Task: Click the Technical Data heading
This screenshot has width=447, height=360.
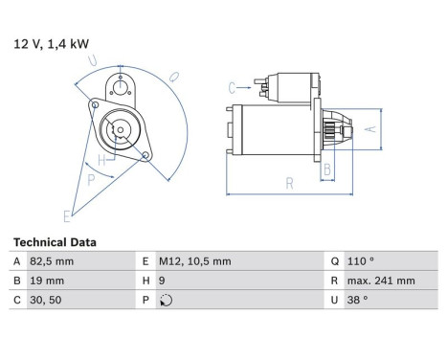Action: [x=55, y=242]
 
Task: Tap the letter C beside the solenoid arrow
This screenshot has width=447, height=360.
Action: [x=232, y=87]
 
